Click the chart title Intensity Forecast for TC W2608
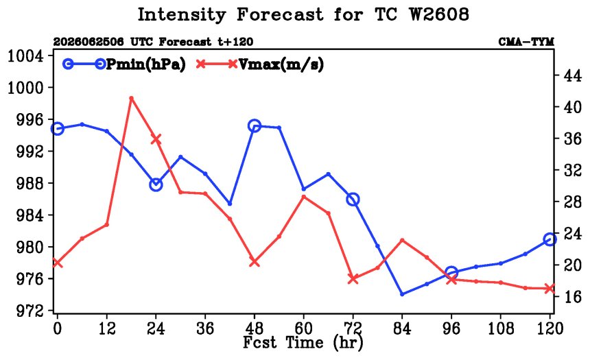pyautogui.click(x=303, y=15)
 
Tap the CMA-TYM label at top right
pyautogui.click(x=526, y=42)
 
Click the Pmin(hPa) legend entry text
pyautogui.click(x=146, y=64)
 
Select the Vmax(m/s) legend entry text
pyautogui.click(x=281, y=64)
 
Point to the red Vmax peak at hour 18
pyautogui.click(x=131, y=98)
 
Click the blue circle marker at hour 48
pyautogui.click(x=255, y=125)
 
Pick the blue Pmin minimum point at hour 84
pyautogui.click(x=402, y=294)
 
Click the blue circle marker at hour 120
pyautogui.click(x=550, y=239)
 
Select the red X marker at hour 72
pyautogui.click(x=353, y=279)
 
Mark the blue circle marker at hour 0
pyautogui.click(x=57, y=129)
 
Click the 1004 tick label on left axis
pyautogui.click(x=25, y=56)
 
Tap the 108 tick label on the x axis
pyautogui.click(x=500, y=328)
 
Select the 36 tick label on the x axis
pyautogui.click(x=205, y=328)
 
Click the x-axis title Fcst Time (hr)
pyautogui.click(x=303, y=342)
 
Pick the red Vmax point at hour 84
pyautogui.click(x=402, y=240)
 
